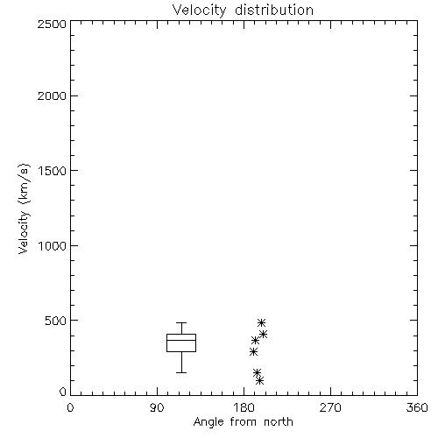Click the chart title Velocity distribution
243,11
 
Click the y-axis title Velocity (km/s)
24,208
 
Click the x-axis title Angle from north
243,422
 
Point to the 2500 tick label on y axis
52,24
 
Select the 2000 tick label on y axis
52,95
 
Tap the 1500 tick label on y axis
53,171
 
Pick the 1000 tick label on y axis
53,246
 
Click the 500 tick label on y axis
56,321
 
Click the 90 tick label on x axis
157,407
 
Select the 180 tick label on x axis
244,407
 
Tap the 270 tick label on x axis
330,407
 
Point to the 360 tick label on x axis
417,407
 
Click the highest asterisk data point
261,322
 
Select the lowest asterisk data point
259,380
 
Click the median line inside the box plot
181,340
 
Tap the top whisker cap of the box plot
181,322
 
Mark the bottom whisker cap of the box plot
181,372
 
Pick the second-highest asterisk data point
264,334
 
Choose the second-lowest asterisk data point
257,372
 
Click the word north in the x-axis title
279,422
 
